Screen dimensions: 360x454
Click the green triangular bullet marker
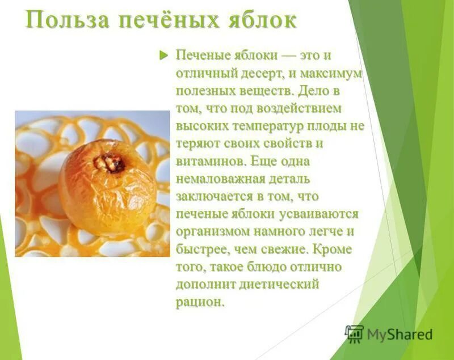(x=164, y=55)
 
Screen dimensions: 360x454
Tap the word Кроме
(x=331, y=249)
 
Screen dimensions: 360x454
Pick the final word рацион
(x=200, y=302)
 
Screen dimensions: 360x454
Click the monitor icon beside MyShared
(x=354, y=333)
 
